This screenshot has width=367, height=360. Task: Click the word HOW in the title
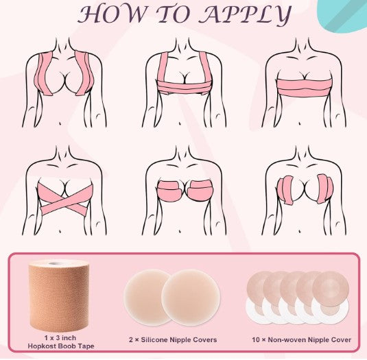[112, 14]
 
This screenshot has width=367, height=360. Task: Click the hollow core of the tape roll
[55, 263]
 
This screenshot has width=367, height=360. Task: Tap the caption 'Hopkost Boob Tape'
[61, 346]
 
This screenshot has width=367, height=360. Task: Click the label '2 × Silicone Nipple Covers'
[173, 339]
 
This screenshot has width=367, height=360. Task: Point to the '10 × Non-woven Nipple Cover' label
[301, 339]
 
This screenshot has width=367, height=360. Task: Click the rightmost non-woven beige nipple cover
[331, 289]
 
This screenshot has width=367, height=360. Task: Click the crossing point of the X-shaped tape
[65, 199]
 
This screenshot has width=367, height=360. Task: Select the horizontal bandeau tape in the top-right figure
[304, 87]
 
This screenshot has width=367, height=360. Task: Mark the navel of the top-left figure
[60, 123]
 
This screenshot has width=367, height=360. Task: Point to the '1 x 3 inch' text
[60, 338]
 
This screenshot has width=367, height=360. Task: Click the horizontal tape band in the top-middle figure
[185, 87]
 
